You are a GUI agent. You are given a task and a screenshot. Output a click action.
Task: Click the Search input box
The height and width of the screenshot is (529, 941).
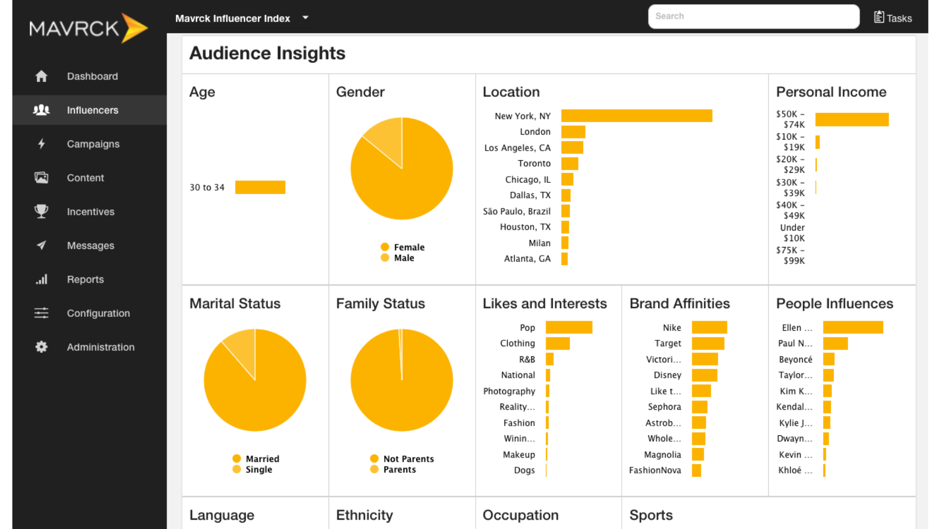pos(754,17)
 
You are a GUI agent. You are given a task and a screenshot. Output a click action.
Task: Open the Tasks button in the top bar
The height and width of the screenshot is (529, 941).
pos(893,18)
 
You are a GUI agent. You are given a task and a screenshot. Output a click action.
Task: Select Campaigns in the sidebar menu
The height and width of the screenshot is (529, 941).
pos(93,144)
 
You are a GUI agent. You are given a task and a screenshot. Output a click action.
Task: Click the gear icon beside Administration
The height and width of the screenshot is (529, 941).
pos(41,347)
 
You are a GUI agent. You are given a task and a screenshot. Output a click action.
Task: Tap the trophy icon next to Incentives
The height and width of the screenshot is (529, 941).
pos(41,211)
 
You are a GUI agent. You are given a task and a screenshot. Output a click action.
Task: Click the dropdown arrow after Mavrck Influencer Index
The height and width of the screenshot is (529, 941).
pos(306,18)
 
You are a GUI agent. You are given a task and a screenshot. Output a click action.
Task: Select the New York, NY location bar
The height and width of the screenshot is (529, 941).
pos(636,116)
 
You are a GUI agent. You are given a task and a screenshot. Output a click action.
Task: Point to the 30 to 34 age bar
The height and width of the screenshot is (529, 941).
pos(260,187)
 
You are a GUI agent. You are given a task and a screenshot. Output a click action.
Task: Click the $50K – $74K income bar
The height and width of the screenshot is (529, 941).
pos(852,119)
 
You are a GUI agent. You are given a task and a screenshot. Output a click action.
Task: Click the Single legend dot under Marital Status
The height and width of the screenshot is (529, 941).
pos(237,469)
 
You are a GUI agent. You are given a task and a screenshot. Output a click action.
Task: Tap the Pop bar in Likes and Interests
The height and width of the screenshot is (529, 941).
pos(569,327)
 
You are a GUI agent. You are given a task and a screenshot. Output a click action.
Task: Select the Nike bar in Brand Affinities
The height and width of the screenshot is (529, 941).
pos(709,327)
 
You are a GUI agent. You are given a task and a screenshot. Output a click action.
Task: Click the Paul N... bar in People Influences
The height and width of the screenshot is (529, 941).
pos(835,343)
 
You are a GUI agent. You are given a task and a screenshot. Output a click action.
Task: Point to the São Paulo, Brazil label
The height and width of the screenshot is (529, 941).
pos(516,211)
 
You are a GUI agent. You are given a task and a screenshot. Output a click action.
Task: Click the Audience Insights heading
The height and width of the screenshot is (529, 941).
pos(267,53)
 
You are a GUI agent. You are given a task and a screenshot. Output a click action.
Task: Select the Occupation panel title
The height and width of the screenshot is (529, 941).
pos(520,515)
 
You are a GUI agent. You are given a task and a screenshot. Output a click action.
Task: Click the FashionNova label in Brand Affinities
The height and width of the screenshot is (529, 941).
pos(655,470)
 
